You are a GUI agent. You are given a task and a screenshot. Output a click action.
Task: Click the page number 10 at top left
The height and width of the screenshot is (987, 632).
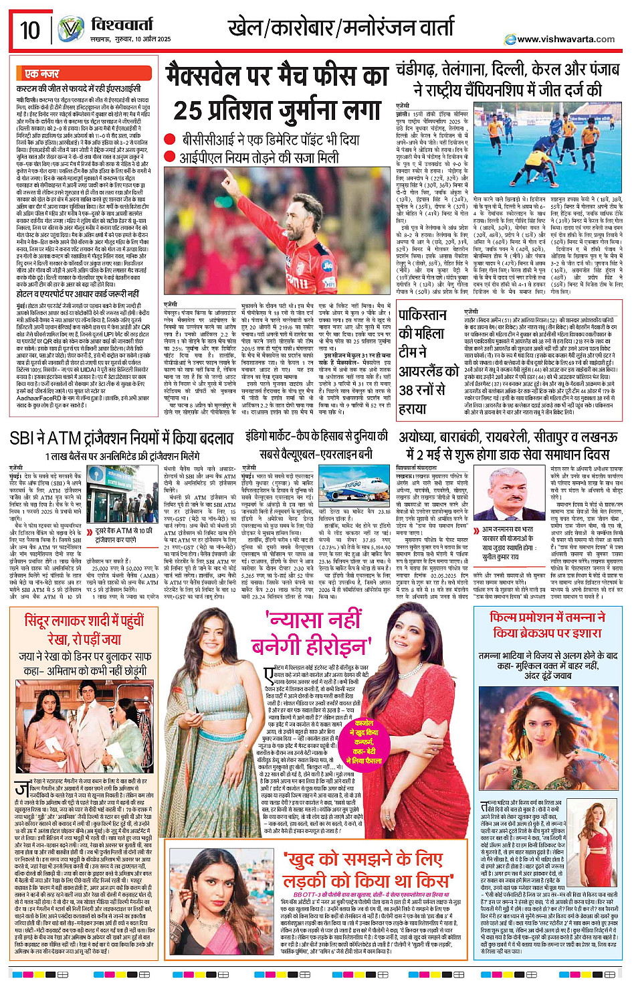[29, 31]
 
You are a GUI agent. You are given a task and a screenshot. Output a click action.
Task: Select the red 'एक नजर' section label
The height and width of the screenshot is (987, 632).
[42, 74]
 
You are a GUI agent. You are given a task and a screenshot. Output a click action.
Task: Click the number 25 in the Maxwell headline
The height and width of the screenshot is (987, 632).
[189, 110]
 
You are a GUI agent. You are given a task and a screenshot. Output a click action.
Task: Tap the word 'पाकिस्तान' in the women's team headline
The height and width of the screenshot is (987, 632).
[423, 315]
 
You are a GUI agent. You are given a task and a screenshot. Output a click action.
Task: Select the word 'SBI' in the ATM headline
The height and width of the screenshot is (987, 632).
[26, 439]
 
